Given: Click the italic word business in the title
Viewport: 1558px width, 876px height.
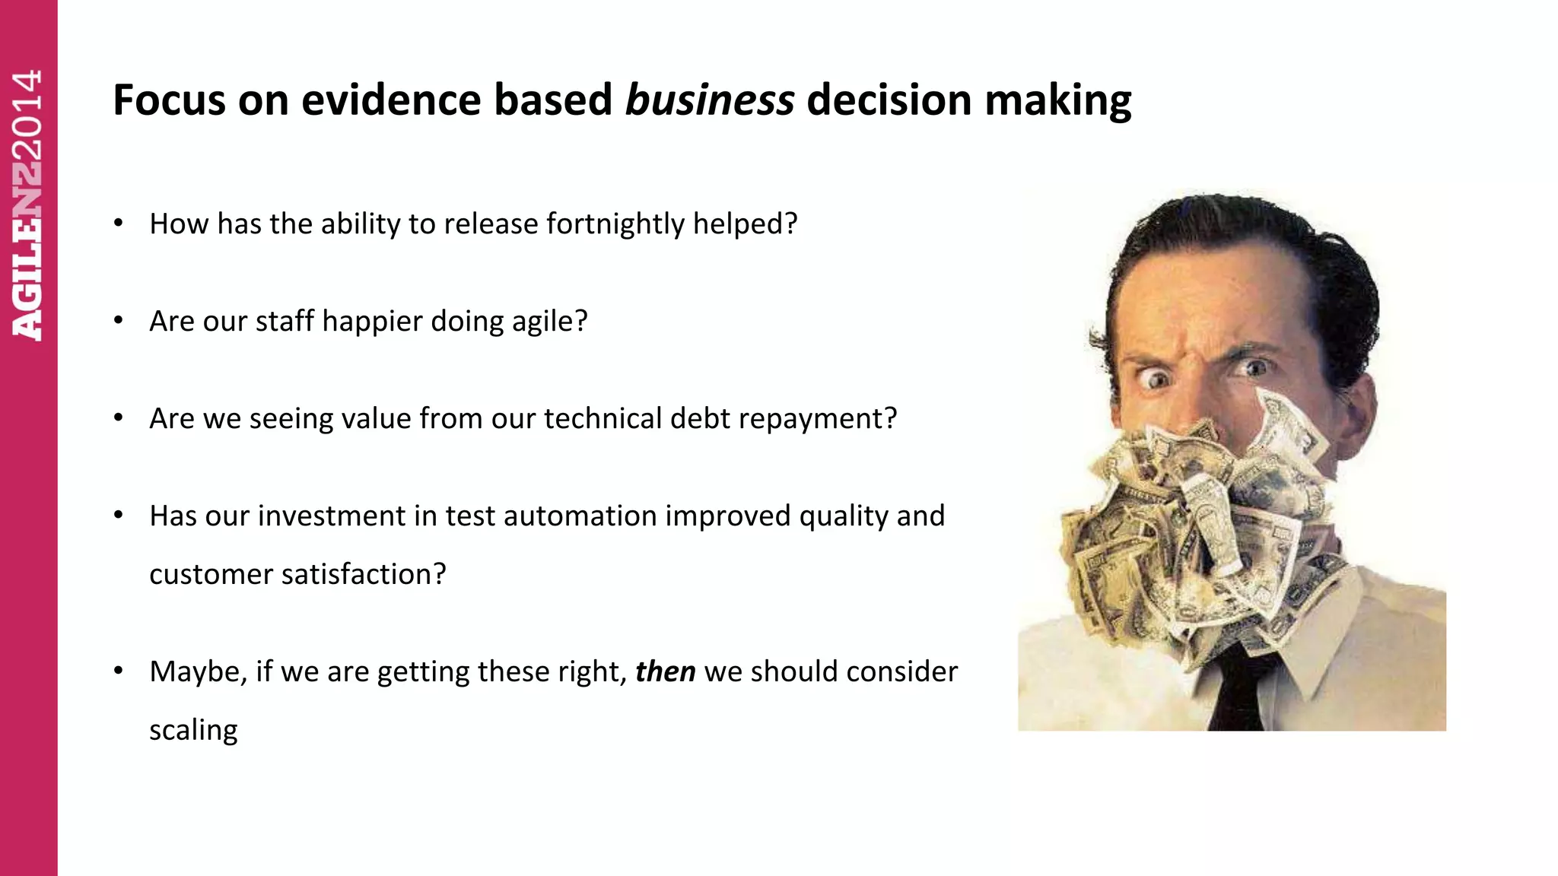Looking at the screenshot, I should click(x=709, y=100).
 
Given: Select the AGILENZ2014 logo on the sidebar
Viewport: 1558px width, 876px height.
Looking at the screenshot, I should click(x=27, y=205).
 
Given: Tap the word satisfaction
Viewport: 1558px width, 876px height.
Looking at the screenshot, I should click(x=355, y=574).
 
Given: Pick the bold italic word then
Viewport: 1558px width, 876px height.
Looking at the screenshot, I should click(x=665, y=671).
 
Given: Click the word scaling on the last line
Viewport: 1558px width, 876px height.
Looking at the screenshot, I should click(x=193, y=730).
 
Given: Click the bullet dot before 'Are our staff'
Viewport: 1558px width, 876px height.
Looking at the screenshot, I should click(x=118, y=321).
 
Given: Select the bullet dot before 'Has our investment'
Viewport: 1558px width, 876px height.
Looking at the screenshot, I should click(x=118, y=516).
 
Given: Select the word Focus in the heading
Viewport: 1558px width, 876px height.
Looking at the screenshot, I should click(x=169, y=100).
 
